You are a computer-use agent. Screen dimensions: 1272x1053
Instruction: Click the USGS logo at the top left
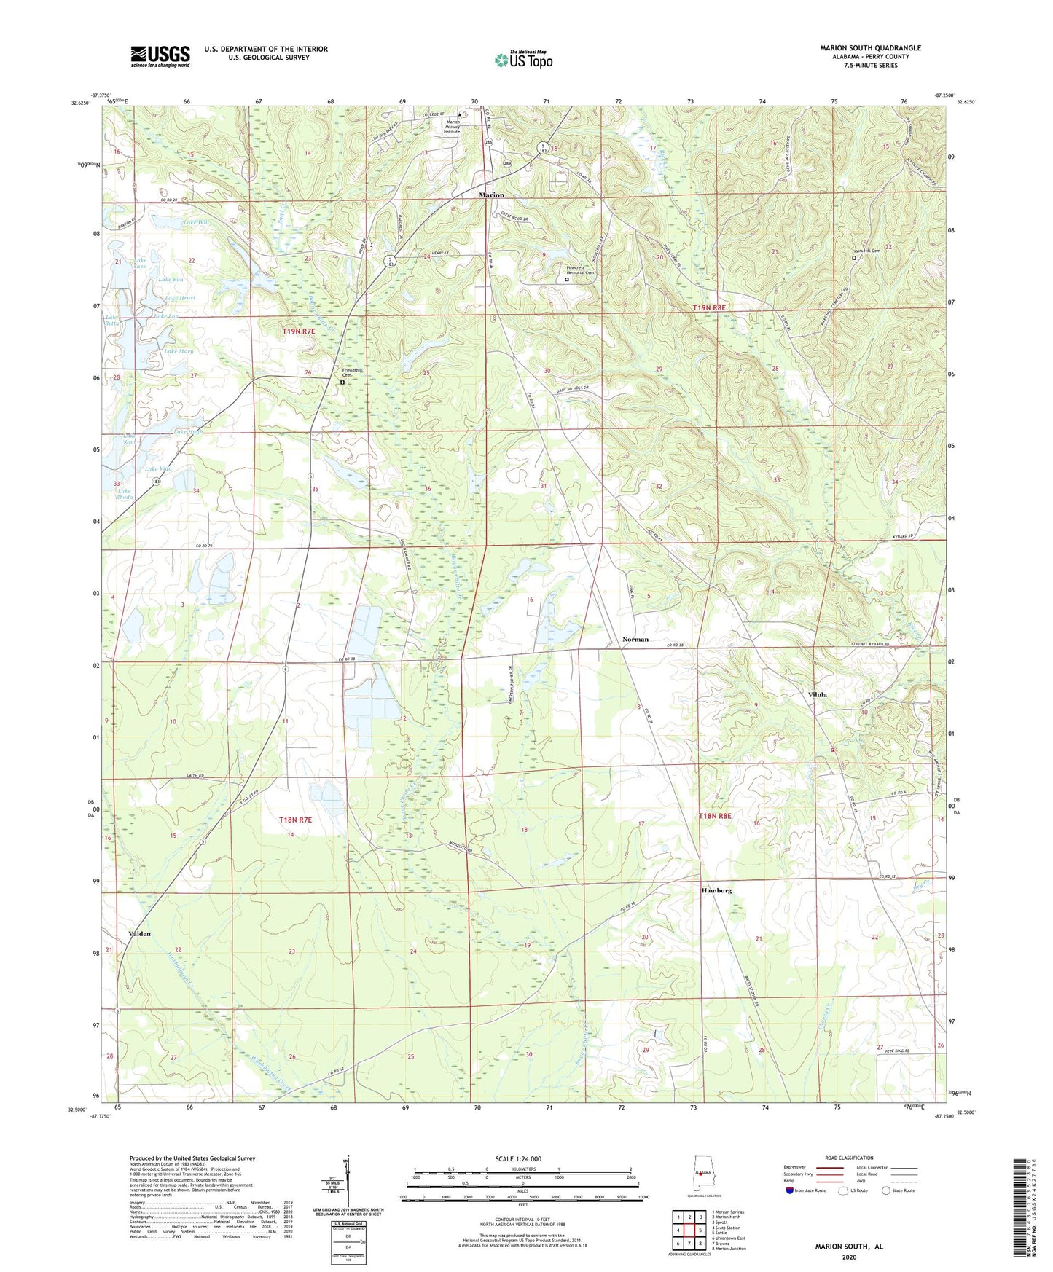tap(160, 56)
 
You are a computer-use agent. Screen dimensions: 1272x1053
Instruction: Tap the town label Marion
tap(491, 195)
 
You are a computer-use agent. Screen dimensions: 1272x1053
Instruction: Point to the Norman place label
tap(635, 639)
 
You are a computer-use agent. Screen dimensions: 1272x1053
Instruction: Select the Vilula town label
tap(818, 694)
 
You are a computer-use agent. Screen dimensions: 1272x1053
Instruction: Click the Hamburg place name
tap(716, 890)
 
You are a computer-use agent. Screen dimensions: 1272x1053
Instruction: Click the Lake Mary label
tap(179, 351)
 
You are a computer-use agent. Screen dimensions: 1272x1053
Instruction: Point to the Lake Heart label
tap(180, 297)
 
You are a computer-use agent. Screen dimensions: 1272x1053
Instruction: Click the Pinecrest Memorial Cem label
tap(580, 270)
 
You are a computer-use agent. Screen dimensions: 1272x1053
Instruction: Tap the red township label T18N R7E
tap(295, 820)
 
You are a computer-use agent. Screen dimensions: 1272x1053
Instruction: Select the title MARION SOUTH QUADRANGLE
tap(870, 48)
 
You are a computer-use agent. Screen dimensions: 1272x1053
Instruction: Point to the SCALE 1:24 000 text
tap(518, 1159)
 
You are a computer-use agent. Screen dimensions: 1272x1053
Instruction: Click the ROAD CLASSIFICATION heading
tap(849, 1158)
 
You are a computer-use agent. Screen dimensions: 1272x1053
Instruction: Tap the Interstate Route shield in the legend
tap(790, 1190)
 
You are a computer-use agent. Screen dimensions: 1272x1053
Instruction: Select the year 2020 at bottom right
tap(849, 1257)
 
